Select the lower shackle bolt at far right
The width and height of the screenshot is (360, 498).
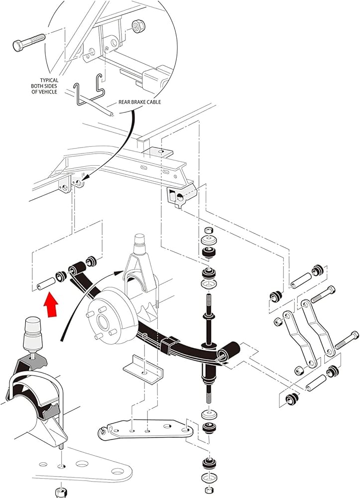[x=344, y=343]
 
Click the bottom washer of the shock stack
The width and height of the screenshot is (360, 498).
[x=208, y=479]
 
